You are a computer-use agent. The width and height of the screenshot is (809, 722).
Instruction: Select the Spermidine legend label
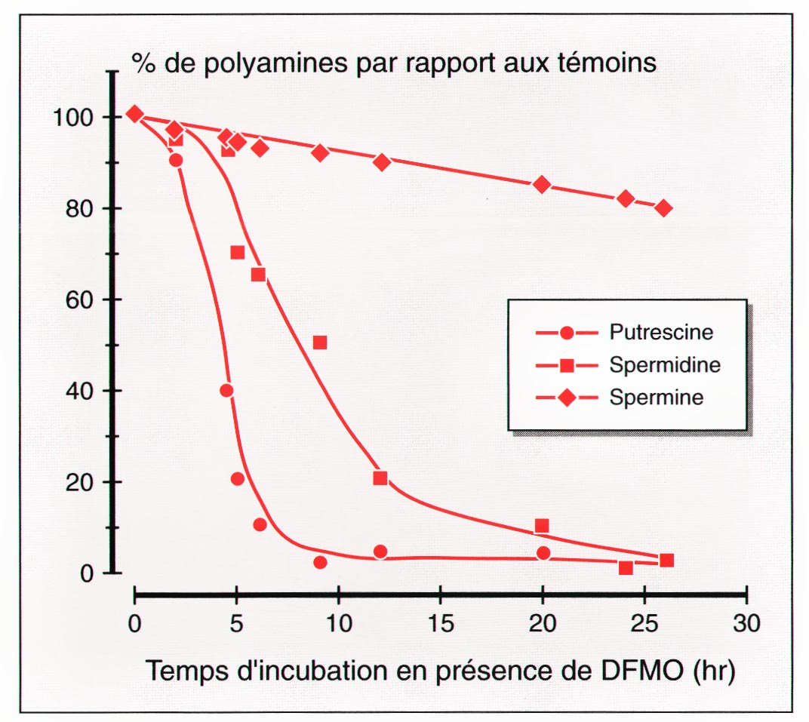[664, 365]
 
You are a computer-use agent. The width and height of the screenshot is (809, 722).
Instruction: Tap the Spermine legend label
[656, 398]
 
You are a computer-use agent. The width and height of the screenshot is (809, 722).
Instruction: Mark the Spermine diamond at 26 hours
[663, 208]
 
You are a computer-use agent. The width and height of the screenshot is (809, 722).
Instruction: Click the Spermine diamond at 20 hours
[541, 185]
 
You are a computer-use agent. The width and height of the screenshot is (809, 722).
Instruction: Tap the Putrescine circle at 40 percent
[226, 390]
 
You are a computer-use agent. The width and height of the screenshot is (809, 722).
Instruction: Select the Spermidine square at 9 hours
[320, 343]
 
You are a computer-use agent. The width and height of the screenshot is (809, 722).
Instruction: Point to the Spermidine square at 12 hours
[380, 478]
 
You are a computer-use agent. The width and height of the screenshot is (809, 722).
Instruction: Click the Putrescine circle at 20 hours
[543, 553]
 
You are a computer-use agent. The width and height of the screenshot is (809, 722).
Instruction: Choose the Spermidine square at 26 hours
[666, 560]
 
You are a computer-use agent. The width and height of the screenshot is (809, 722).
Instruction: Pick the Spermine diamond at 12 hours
[382, 162]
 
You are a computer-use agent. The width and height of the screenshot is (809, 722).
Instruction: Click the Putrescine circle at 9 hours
[320, 562]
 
